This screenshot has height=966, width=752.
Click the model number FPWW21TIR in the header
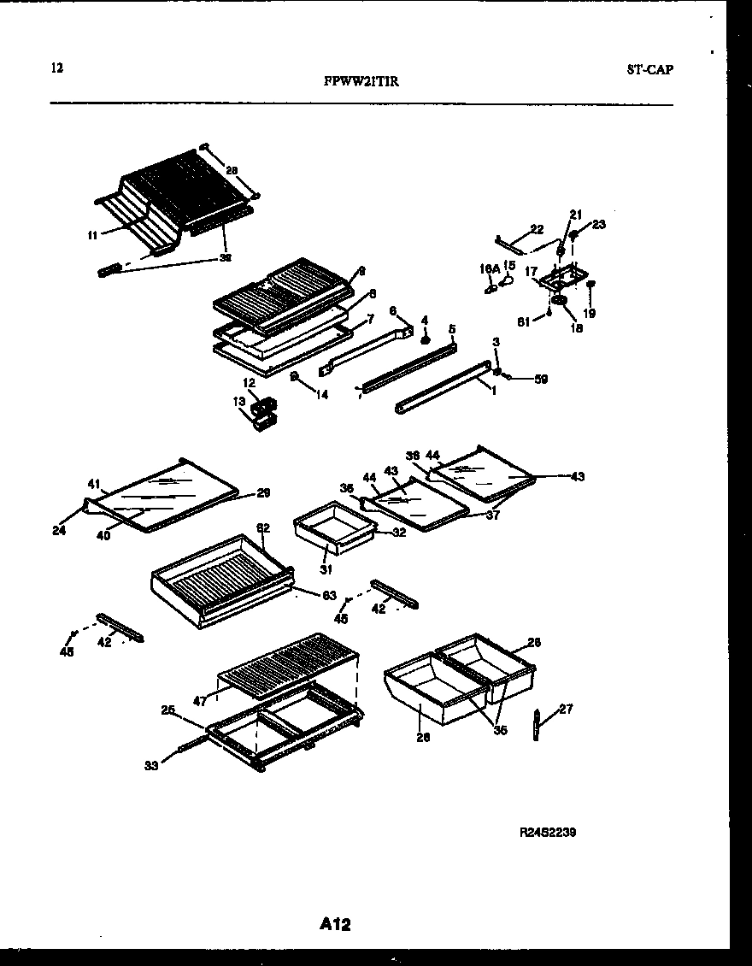click(x=361, y=82)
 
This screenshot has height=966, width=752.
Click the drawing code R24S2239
click(x=547, y=832)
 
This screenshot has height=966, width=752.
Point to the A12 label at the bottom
click(x=337, y=923)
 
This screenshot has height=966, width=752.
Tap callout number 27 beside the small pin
click(x=566, y=708)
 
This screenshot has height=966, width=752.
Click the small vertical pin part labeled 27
click(x=537, y=725)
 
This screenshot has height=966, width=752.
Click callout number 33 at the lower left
click(x=152, y=766)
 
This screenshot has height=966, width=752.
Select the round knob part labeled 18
click(x=560, y=302)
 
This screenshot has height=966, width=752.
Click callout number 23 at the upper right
click(x=597, y=225)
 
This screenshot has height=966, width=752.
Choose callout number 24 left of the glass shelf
click(x=58, y=530)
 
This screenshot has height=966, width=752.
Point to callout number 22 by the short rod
click(x=536, y=228)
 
